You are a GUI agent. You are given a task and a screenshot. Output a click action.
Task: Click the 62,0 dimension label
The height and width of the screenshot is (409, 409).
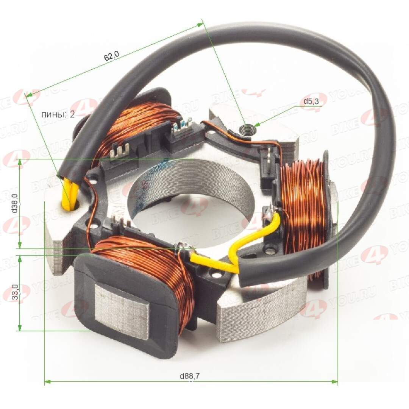(111, 56)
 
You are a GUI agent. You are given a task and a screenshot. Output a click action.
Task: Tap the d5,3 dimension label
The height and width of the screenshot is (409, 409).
(312, 101)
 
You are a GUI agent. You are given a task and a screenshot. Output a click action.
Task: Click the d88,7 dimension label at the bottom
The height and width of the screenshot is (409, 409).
(190, 376)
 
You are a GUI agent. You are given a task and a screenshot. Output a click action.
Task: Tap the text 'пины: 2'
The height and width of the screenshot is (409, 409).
(58, 114)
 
